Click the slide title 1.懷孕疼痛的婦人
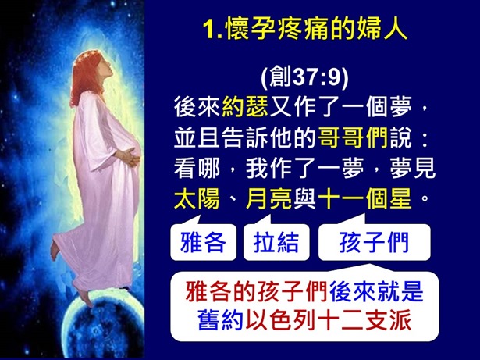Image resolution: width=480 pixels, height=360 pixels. [x=304, y=30]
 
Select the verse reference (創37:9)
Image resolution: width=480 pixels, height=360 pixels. [x=304, y=78]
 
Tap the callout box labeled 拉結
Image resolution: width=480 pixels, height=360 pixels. [x=276, y=242]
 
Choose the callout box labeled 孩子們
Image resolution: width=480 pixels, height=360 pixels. [x=374, y=242]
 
